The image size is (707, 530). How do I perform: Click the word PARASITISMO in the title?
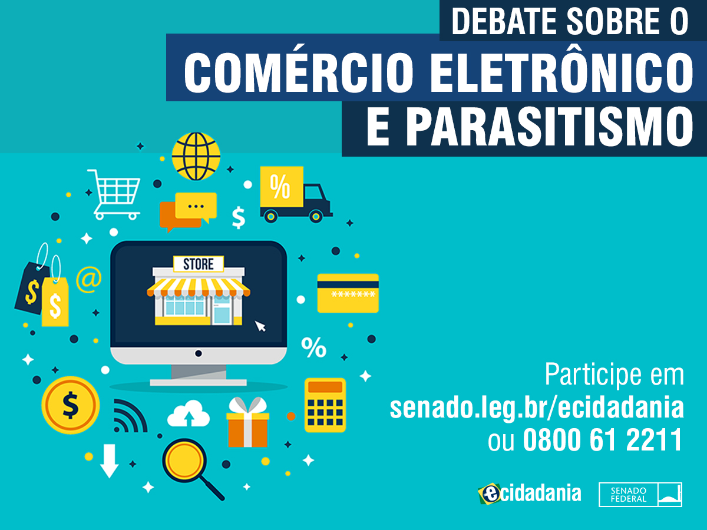[549, 128]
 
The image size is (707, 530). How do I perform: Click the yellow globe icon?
[196, 157]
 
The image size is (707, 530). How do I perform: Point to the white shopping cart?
[114, 195]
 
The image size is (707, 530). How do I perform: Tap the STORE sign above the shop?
[199, 264]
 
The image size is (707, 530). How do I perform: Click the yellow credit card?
[348, 293]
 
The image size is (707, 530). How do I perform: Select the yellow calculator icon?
[325, 405]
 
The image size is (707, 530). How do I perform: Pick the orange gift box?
[247, 422]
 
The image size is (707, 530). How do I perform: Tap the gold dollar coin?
[70, 405]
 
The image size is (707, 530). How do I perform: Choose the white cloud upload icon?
[189, 414]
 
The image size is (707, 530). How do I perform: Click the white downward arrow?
[109, 461]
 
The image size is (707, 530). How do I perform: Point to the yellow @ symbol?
[89, 279]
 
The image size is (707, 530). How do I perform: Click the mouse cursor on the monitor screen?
[260, 326]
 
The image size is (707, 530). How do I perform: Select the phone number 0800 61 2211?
[603, 439]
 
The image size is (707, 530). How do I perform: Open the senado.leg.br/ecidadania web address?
[537, 408]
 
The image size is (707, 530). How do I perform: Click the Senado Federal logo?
[640, 494]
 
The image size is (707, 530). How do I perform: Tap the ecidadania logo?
[530, 493]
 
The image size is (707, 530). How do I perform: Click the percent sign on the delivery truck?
[280, 186]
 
